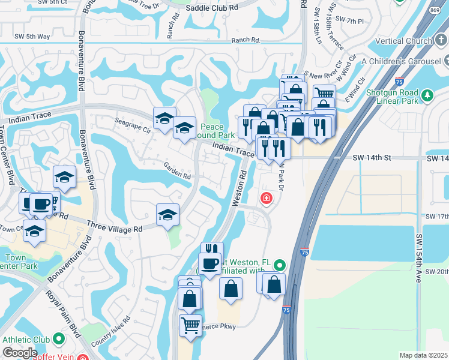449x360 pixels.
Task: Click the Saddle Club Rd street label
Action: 212,8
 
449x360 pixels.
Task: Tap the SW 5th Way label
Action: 32,37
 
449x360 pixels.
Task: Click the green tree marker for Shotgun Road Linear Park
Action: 427,95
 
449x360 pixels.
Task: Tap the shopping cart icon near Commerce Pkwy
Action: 190,326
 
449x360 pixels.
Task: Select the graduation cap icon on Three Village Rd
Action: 167,214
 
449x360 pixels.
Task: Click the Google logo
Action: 19,353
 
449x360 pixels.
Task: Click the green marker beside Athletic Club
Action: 59,339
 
